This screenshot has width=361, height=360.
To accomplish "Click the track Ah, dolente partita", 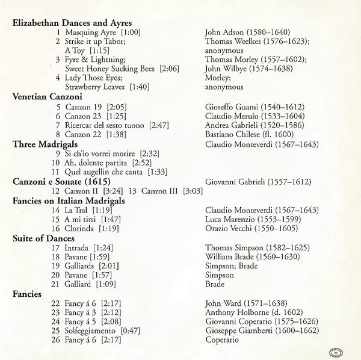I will click(x=96, y=163).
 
